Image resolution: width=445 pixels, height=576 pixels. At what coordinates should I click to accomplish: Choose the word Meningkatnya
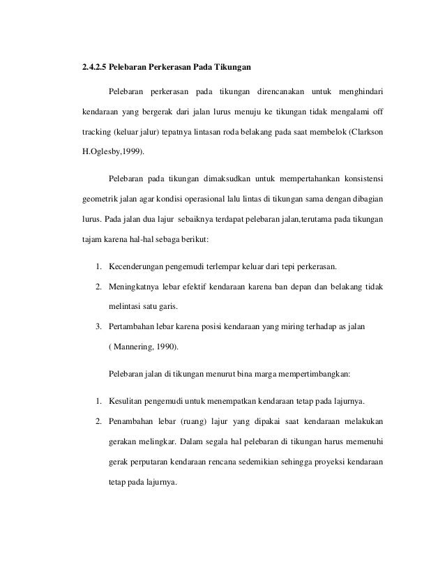[136, 287]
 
